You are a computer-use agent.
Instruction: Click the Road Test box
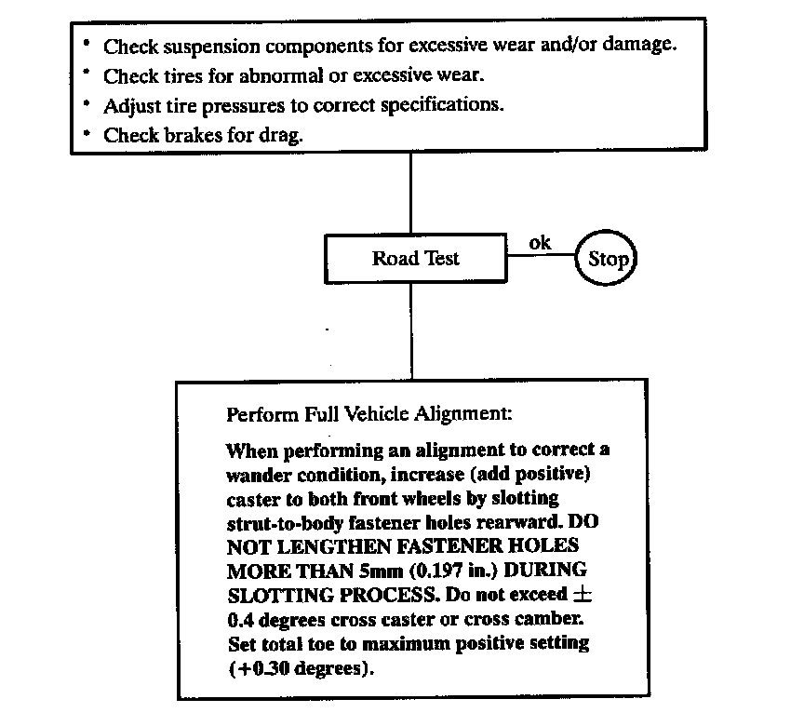pyautogui.click(x=415, y=259)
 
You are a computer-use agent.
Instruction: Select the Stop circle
pyautogui.click(x=608, y=259)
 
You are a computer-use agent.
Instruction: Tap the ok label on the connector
pyautogui.click(x=540, y=243)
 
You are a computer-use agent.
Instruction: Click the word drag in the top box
pyautogui.click(x=283, y=135)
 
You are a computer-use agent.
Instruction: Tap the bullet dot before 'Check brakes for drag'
pyautogui.click(x=85, y=133)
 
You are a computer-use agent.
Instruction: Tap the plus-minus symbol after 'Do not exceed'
pyautogui.click(x=582, y=595)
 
